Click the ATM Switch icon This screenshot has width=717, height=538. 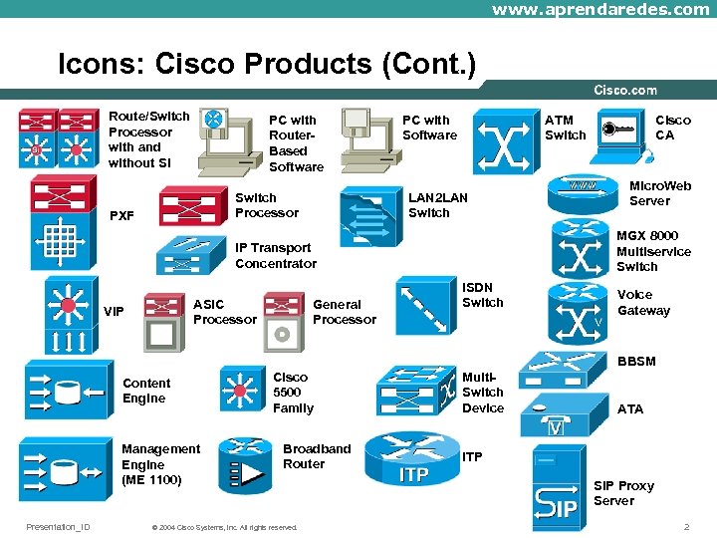coord(504,138)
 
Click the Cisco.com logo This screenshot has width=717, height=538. coord(625,90)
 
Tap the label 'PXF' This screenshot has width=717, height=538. coord(121,215)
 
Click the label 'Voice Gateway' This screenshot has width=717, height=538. coord(643,302)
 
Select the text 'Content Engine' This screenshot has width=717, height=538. coord(145,391)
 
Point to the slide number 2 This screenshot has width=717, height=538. coord(686,526)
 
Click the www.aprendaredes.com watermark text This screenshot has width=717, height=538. coord(600,9)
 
